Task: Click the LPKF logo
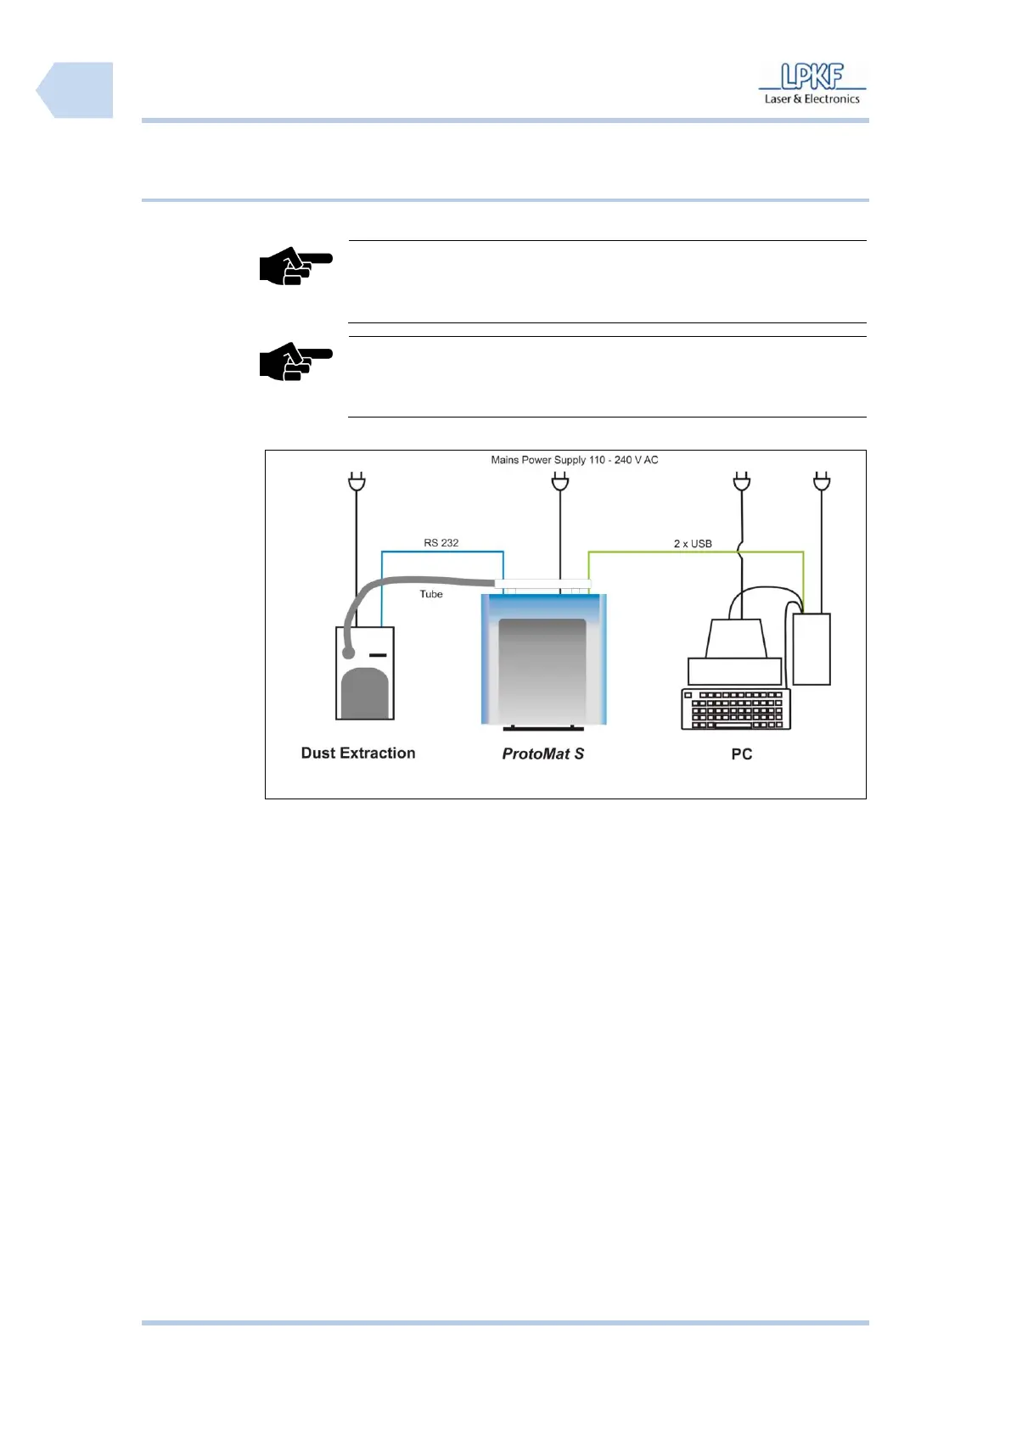[812, 77]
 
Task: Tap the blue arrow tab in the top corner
[75, 90]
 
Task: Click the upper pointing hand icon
[295, 266]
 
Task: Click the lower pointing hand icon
[295, 362]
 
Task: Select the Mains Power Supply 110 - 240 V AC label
[574, 460]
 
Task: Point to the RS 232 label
[441, 543]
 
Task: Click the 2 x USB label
[693, 544]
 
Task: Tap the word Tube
[431, 595]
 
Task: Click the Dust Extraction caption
[358, 754]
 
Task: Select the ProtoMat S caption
[542, 754]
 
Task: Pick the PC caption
[741, 754]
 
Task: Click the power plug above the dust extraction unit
[357, 483]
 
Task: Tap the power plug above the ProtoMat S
[559, 483]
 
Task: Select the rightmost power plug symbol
[821, 483]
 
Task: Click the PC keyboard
[736, 709]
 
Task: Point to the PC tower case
[812, 649]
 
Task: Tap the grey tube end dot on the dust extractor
[348, 653]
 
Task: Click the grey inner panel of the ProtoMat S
[542, 670]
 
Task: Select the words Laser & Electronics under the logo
[812, 99]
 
